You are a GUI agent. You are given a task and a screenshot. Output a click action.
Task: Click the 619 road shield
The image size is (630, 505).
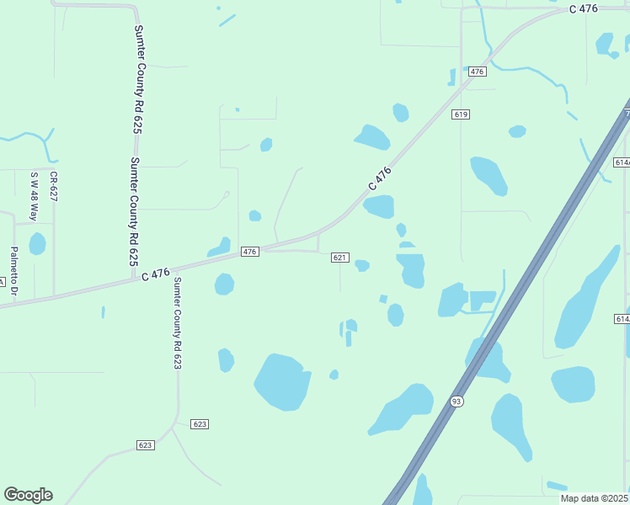coord(460,114)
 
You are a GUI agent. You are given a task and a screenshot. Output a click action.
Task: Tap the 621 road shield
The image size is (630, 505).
coord(339,258)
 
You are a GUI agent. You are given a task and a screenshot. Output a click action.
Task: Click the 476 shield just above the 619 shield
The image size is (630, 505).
coord(478,72)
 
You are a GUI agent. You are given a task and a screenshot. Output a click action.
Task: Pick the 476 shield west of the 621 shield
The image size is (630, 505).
coord(249,252)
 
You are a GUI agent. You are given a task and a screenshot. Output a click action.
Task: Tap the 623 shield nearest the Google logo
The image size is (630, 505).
coord(146,444)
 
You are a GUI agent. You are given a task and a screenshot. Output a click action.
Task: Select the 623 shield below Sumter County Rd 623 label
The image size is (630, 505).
coord(200,424)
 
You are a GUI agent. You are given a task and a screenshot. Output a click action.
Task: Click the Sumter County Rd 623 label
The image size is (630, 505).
coord(178,323)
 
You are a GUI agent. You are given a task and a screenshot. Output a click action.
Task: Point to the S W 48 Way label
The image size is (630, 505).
coord(35,196)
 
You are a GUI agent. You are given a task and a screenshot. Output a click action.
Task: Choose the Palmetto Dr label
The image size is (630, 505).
coord(14,270)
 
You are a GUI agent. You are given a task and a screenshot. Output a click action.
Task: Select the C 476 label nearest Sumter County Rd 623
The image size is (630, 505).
coord(157,274)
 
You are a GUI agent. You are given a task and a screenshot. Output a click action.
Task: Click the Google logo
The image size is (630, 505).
coord(28,495)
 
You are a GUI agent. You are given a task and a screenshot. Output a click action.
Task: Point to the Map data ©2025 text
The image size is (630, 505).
coord(595,498)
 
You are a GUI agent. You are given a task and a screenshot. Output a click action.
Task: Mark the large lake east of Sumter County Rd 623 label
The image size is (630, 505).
coord(282,382)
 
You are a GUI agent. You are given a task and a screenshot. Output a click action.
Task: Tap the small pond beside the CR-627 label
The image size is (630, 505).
coord(37,244)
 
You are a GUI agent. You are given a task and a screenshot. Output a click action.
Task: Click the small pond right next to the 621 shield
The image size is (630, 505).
coord(362,265)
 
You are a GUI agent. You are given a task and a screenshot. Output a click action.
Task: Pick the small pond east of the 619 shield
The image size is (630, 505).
coord(517,131)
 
